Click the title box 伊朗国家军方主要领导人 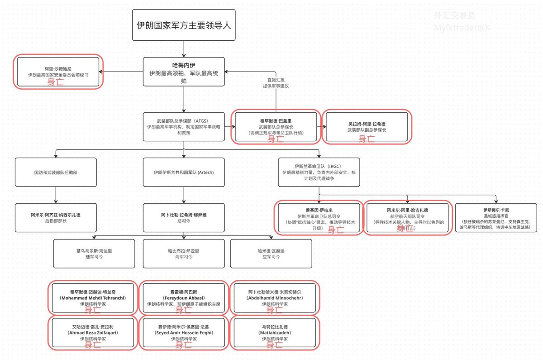click(184, 25)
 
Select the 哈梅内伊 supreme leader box click(184, 72)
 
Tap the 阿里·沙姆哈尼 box click(58, 72)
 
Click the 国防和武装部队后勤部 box click(56, 173)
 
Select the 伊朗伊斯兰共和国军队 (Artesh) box click(184, 173)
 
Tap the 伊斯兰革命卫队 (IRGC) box click(319, 173)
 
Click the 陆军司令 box click(94, 254)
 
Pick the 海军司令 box click(184, 254)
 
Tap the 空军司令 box click(271, 254)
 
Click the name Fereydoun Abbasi click(184, 298)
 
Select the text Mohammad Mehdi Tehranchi click(93, 298)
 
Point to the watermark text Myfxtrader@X click(462, 28)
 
